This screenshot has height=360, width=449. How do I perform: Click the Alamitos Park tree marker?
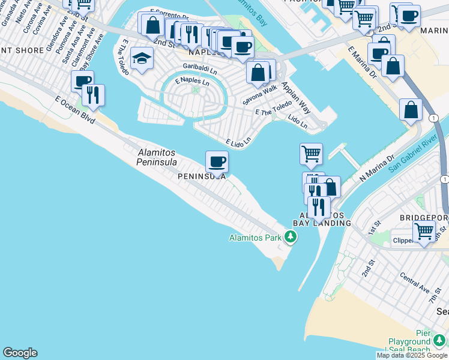click(291, 238)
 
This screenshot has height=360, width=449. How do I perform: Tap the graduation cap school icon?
click(142, 59)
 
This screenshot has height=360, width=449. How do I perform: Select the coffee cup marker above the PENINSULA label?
click(217, 161)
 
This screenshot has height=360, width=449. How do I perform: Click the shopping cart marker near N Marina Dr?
click(311, 154)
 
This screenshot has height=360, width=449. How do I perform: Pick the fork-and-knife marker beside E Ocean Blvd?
click(93, 95)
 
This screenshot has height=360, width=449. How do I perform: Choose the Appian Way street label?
click(296, 98)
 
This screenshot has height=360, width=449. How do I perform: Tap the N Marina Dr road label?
click(376, 169)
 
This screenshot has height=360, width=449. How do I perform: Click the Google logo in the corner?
click(20, 353)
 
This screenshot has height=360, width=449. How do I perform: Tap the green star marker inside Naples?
click(195, 90)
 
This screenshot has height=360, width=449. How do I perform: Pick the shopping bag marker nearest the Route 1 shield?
click(411, 110)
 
